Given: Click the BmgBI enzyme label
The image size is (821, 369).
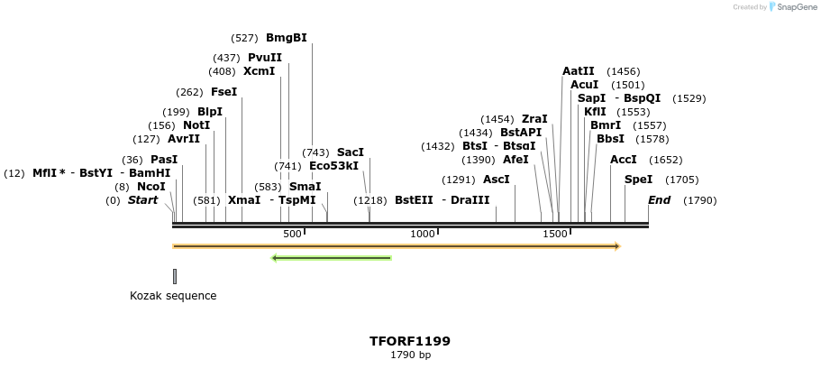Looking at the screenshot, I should click(287, 38).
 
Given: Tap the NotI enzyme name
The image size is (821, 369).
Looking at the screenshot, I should click(196, 125).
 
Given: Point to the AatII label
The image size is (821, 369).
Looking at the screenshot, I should click(579, 71).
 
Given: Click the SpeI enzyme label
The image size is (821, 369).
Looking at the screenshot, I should click(638, 180).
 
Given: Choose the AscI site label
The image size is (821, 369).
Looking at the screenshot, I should click(497, 180).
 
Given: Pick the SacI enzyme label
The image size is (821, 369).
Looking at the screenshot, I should click(351, 152).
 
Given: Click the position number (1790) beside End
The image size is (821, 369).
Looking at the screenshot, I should click(699, 200).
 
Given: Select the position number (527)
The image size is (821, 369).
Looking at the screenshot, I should click(244, 38).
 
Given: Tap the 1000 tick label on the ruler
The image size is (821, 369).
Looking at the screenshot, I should click(423, 234).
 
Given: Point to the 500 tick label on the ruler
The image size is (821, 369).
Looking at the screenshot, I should click(292, 234).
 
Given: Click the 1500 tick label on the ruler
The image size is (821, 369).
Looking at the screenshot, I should click(555, 234).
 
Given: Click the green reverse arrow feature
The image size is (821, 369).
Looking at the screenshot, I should click(332, 258).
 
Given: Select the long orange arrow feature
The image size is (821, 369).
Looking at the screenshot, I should click(397, 245).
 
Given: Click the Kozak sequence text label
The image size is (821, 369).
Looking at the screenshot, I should click(173, 295).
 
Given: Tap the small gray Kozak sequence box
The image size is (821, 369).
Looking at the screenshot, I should click(175, 276).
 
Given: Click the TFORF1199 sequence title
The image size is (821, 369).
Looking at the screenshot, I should click(410, 341).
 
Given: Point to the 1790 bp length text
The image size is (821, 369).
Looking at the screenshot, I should click(410, 355).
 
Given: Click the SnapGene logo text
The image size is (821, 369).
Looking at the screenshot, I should click(794, 7).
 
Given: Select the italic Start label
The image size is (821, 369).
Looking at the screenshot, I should click(142, 200).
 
